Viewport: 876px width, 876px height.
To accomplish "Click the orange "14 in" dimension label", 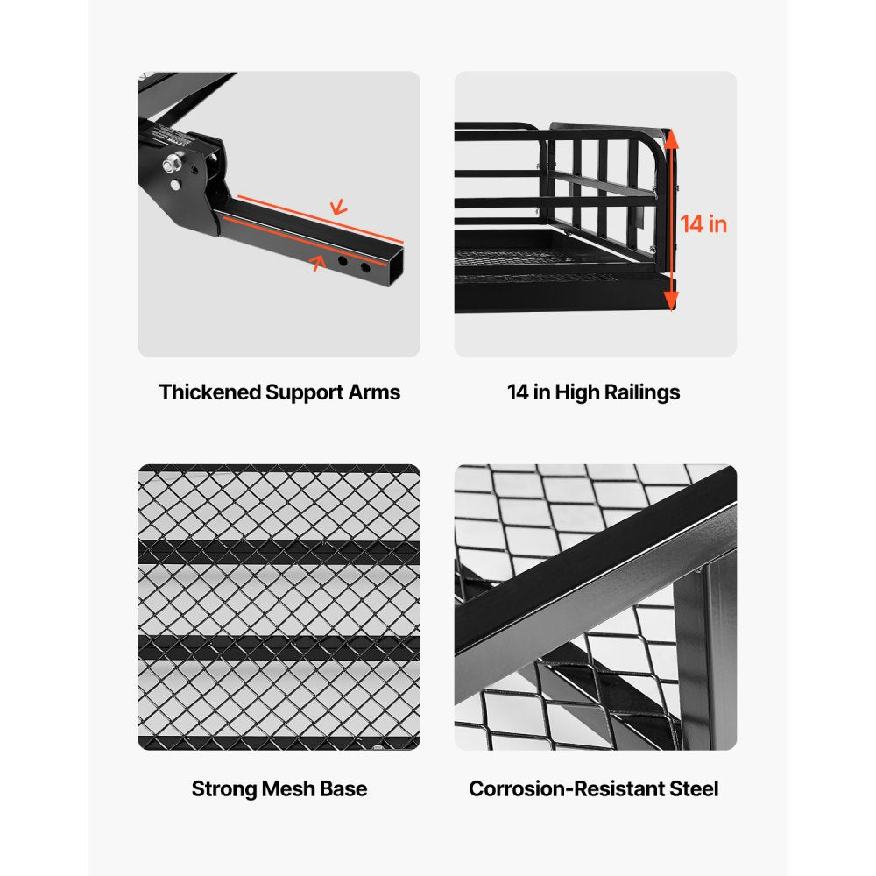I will pos(704,224).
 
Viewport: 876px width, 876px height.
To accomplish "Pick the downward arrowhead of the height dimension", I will pos(671,302).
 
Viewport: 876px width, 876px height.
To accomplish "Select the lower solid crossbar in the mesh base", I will pos(279,649).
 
